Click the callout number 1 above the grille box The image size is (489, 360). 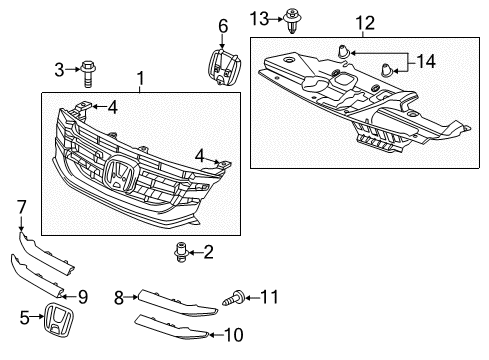(141, 78)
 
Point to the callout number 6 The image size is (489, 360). (222, 25)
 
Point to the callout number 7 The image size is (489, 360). (21, 206)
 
